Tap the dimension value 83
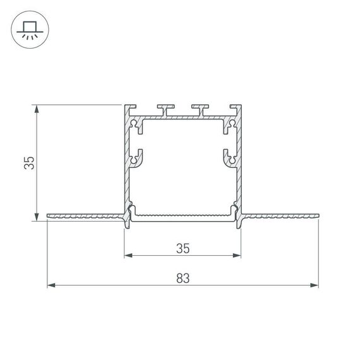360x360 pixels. point(183,277)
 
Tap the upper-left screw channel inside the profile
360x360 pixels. point(135,126)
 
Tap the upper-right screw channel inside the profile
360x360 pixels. point(231,126)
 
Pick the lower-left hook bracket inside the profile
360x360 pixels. point(136,157)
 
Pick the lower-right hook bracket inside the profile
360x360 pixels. point(229,157)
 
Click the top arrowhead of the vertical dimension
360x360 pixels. point(38,109)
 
